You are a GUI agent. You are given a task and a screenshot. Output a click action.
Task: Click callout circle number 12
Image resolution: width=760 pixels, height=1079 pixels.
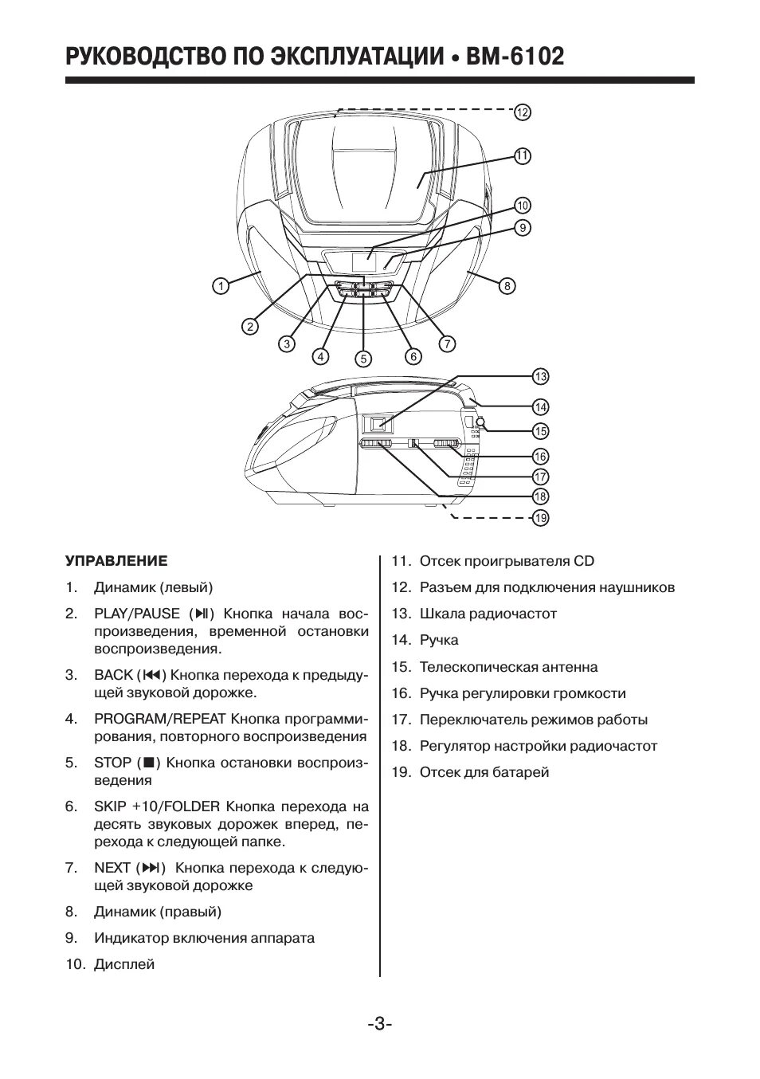(522, 112)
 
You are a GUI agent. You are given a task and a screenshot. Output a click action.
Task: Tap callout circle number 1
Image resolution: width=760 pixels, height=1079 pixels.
(221, 285)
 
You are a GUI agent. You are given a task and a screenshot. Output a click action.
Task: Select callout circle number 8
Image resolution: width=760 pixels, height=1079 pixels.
(507, 285)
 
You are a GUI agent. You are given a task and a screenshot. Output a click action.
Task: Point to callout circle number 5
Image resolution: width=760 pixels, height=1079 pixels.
(364, 359)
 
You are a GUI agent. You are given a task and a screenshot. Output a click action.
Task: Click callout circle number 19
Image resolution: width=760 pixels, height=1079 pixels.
(541, 518)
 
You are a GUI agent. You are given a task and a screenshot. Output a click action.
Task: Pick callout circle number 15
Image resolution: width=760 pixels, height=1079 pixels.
(541, 431)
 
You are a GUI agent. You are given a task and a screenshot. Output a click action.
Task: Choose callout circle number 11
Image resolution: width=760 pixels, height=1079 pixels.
(522, 156)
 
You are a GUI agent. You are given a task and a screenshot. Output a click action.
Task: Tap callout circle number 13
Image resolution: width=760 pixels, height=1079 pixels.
(541, 377)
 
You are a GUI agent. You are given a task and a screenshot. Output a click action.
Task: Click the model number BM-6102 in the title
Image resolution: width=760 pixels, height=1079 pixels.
(516, 57)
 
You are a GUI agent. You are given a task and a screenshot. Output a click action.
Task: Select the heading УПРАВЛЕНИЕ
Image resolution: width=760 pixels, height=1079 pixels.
(116, 561)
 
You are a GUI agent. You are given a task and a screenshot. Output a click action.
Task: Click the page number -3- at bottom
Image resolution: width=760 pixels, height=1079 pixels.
(379, 1023)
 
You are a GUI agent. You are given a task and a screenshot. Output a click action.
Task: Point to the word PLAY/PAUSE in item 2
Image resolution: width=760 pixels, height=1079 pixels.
(137, 614)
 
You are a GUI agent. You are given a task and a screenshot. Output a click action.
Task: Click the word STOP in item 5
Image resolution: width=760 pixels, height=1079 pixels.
(112, 763)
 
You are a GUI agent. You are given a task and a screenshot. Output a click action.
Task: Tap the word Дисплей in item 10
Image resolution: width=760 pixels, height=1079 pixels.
(124, 964)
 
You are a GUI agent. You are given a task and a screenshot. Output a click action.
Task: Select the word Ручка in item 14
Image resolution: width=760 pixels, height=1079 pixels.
(439, 641)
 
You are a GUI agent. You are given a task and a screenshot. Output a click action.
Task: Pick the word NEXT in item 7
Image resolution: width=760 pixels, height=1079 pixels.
(112, 867)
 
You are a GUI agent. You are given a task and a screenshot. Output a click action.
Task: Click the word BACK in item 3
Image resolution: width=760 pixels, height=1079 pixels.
(113, 675)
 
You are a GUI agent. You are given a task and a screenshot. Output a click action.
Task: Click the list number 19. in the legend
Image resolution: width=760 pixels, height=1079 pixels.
(401, 772)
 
